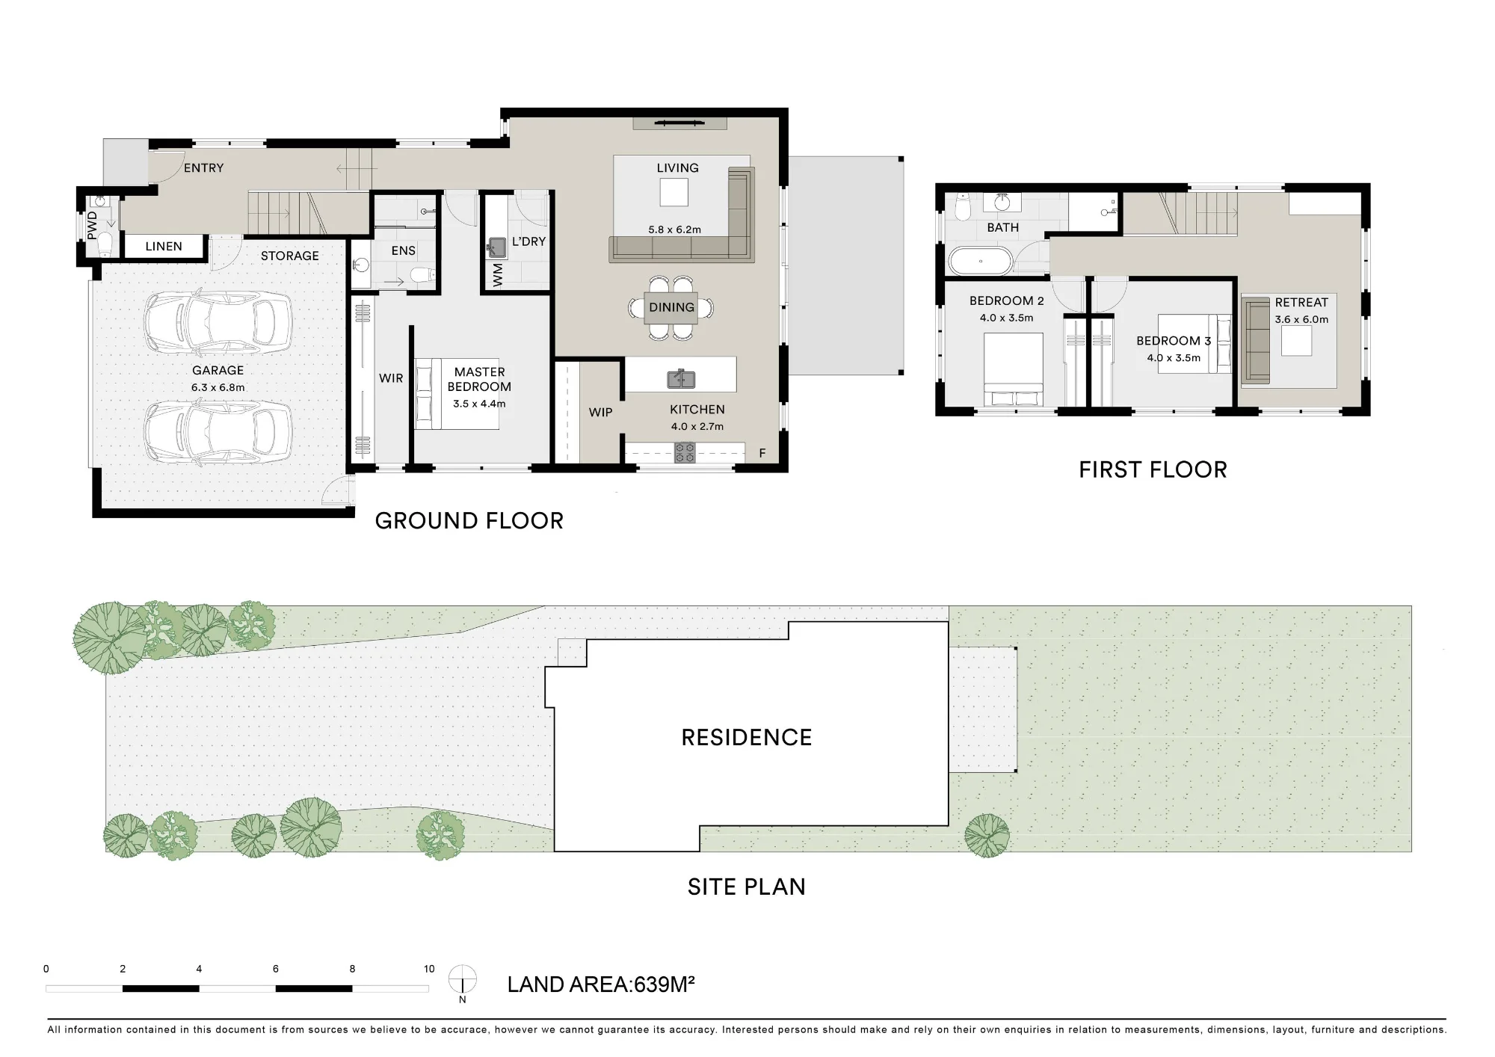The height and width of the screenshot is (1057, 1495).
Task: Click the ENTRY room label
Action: (203, 168)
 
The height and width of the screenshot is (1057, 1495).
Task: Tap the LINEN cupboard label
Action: (164, 246)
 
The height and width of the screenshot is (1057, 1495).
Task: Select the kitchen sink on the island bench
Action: (681, 379)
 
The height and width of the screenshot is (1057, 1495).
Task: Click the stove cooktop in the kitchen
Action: (685, 452)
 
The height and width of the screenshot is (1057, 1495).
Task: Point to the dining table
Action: (671, 307)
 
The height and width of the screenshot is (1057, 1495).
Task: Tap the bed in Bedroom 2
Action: (1013, 369)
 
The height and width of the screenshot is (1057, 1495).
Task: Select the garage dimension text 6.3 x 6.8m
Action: (218, 387)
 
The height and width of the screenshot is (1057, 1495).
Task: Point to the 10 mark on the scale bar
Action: (429, 969)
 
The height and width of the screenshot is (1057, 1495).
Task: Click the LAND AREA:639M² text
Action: (601, 984)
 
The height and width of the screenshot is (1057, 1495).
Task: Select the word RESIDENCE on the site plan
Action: (746, 738)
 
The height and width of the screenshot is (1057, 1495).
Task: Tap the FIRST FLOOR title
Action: (1153, 469)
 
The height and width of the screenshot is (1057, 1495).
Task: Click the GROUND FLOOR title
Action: (469, 520)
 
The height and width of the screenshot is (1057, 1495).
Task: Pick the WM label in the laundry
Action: (499, 274)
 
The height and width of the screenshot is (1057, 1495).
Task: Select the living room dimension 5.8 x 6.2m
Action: (675, 229)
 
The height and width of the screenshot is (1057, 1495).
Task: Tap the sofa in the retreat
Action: (1256, 341)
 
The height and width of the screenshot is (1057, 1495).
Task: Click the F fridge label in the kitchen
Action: (762, 453)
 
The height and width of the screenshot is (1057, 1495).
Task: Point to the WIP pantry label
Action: (600, 412)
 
